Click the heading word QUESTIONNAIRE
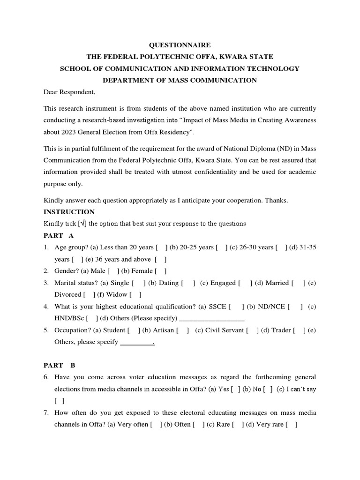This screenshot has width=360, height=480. pyautogui.click(x=180, y=45)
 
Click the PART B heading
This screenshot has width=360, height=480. pyautogui.click(x=60, y=365)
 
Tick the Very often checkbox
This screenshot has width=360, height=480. pyautogui.click(x=156, y=425)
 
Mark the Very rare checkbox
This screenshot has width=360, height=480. pyautogui.click(x=292, y=425)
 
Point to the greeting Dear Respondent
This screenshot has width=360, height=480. pyautogui.click(x=69, y=92)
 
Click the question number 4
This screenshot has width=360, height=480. pyautogui.click(x=46, y=307)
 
